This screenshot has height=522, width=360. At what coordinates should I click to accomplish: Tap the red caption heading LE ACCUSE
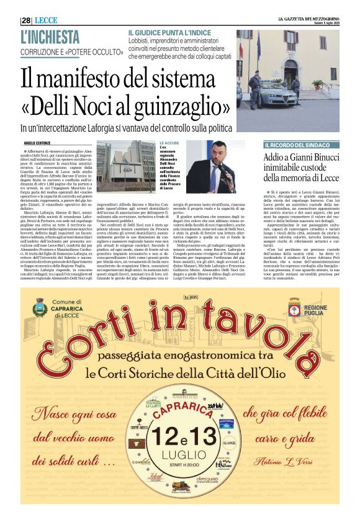click(x=168, y=143)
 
